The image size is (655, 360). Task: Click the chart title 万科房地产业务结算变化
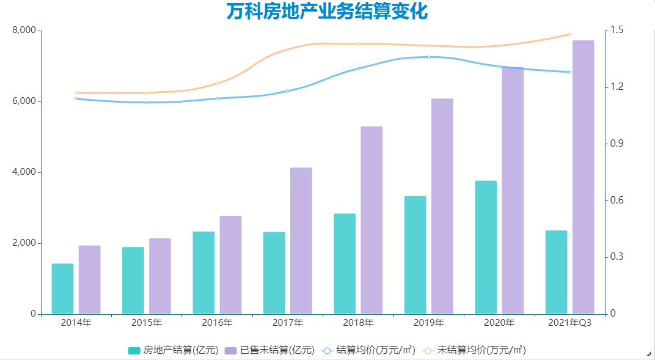click(x=327, y=12)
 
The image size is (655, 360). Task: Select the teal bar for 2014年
click(x=62, y=288)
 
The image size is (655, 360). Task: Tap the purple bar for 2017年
click(x=301, y=241)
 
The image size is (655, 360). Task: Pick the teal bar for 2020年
click(x=486, y=248)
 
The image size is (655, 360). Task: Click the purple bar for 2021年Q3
click(x=584, y=177)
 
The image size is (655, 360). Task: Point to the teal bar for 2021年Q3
click(x=556, y=272)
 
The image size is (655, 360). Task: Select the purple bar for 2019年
click(x=442, y=206)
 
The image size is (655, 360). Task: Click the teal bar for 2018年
click(x=345, y=263)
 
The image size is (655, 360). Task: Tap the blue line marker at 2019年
click(x=429, y=57)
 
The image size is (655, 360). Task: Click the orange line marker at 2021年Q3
click(x=569, y=34)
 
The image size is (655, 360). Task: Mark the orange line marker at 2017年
click(x=288, y=50)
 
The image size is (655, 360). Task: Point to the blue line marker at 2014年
click(x=76, y=98)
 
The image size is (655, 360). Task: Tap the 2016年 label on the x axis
click(x=217, y=323)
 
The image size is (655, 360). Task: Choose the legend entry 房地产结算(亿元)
click(x=174, y=350)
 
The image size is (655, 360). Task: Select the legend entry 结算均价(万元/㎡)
click(x=368, y=350)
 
